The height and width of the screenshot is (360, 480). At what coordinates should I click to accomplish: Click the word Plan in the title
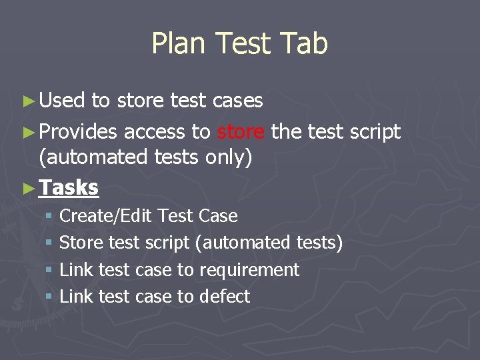tap(175, 44)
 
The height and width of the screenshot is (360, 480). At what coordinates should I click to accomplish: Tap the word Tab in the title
tap(304, 44)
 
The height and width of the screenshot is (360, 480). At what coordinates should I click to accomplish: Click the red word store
tap(241, 132)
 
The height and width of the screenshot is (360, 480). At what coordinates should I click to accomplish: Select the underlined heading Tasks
tap(69, 187)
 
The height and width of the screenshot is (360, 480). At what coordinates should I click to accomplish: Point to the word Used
tap(62, 101)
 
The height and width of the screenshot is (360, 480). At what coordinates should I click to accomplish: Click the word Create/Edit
tap(107, 216)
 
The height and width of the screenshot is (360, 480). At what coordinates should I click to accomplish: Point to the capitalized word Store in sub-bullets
tap(81, 243)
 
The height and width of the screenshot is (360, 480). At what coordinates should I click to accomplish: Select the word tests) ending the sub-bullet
tap(319, 243)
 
